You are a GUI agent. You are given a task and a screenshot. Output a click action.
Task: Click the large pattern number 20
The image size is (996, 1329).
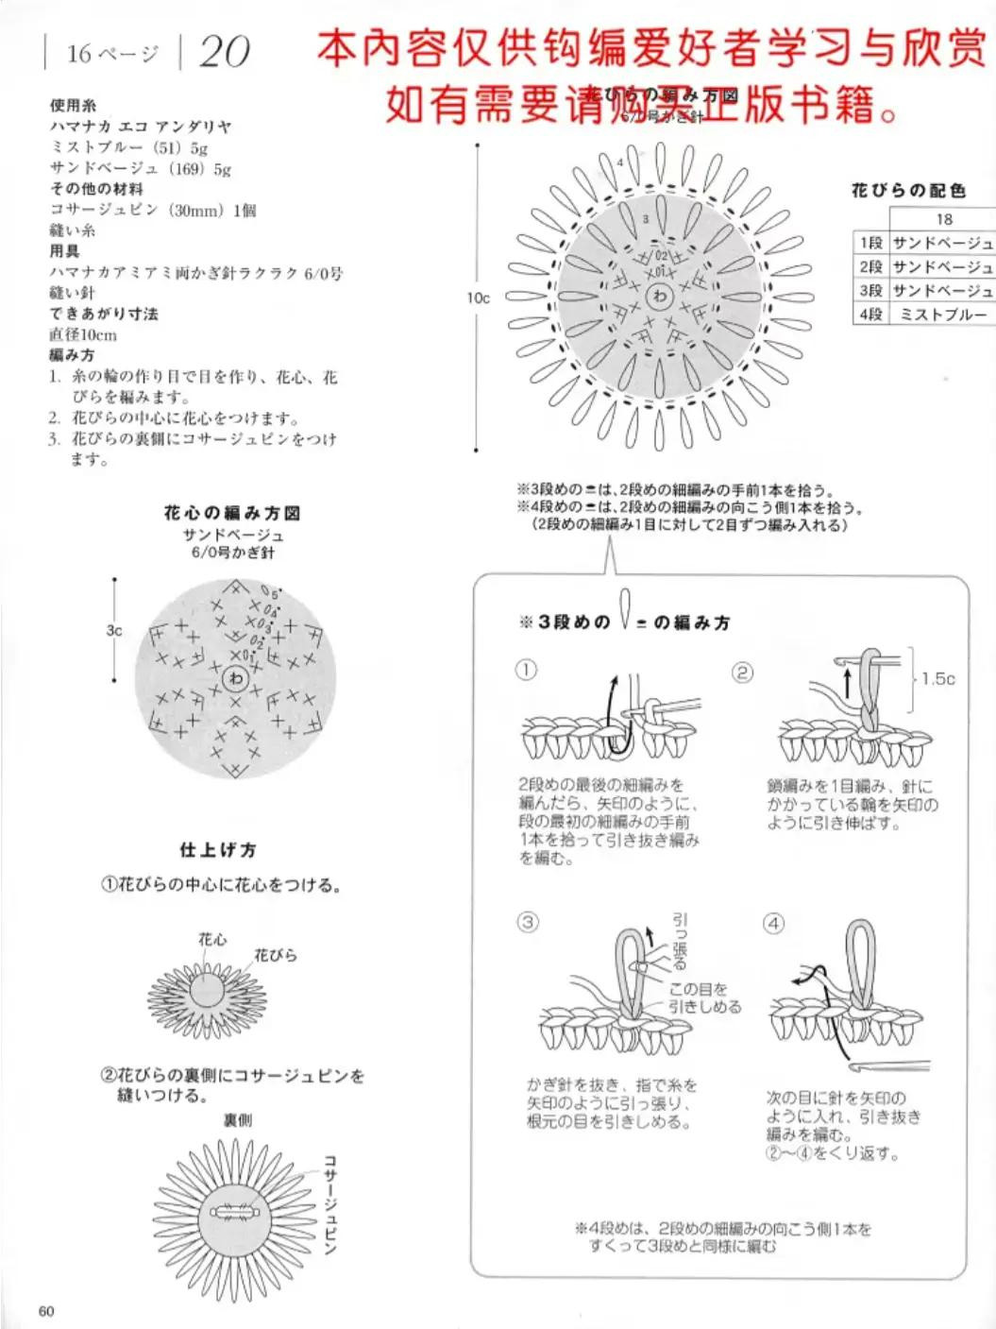coord(225,52)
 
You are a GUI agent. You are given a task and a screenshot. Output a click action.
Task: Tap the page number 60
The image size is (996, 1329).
coord(47,1311)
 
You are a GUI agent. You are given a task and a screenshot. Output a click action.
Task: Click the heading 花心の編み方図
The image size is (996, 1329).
coord(232,513)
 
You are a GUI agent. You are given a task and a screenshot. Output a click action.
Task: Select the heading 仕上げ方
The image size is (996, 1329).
coord(218,850)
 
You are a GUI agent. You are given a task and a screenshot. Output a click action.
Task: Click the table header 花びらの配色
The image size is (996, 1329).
coord(908,191)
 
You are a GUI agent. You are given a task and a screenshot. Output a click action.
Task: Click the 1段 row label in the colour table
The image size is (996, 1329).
coord(870,244)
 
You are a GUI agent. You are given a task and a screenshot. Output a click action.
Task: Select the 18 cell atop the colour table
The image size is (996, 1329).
coord(943,219)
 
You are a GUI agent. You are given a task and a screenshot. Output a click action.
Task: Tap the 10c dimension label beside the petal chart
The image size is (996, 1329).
coord(479,298)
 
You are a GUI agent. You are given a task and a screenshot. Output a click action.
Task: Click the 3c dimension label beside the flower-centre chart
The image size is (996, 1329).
coord(113,630)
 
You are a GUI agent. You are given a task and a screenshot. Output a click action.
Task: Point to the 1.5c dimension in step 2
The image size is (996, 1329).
coord(937,678)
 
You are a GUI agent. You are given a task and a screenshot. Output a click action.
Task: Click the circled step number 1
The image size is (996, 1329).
coord(526,671)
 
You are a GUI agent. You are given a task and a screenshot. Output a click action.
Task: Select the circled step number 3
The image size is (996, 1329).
coord(527,922)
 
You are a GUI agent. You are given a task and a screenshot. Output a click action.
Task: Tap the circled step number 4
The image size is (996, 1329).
coord(773,923)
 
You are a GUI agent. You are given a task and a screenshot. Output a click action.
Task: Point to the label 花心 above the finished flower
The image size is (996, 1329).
coord(212,939)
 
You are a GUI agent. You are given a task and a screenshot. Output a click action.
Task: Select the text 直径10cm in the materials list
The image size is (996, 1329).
coord(83,334)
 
